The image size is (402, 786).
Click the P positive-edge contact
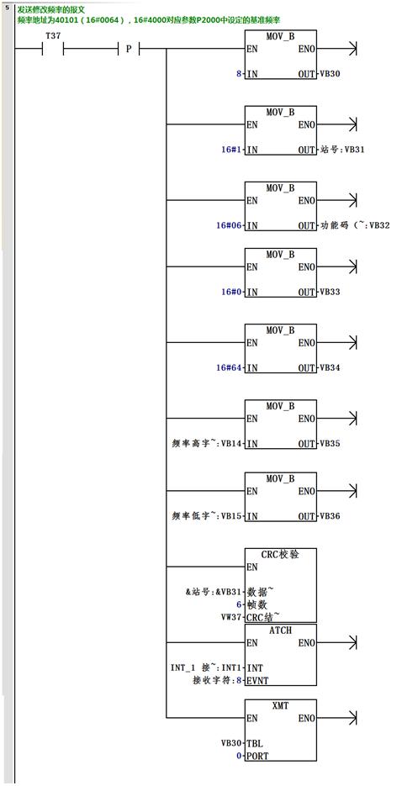pyautogui.click(x=129, y=49)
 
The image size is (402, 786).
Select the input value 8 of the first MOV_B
pyautogui.click(x=239, y=74)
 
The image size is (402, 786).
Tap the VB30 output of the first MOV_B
pyautogui.click(x=331, y=74)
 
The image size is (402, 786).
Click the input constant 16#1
pyautogui.click(x=231, y=150)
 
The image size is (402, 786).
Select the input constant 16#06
pyautogui.click(x=229, y=225)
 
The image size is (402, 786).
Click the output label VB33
pyautogui.click(x=331, y=292)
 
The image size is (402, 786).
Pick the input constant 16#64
pyautogui.click(x=229, y=367)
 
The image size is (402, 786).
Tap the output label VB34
pyautogui.click(x=331, y=367)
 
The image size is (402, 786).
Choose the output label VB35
pyautogui.click(x=331, y=443)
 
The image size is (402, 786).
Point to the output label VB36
pyautogui.click(x=331, y=515)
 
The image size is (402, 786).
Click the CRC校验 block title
pyautogui.click(x=281, y=555)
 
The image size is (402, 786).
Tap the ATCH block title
pyautogui.click(x=281, y=630)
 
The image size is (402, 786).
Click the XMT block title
pyautogui.click(x=281, y=705)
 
